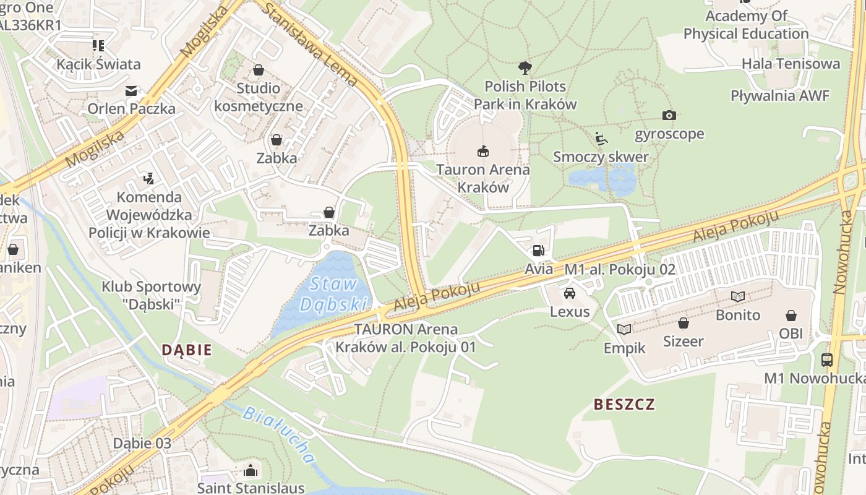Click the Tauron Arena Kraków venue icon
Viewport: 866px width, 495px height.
[x=482, y=150]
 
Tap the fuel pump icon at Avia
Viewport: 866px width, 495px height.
[x=538, y=251]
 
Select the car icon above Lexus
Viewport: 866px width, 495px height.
[x=570, y=293]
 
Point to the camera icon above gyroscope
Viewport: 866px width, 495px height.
[x=669, y=115]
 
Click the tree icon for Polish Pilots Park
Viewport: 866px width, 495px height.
[x=525, y=67]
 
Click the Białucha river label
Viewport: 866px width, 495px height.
[x=279, y=435]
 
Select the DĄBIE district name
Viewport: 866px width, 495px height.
[x=187, y=350]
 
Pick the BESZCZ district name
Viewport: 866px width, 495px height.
[x=624, y=405]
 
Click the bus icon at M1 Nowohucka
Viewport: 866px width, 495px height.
[x=826, y=359]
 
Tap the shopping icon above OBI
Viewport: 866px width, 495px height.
[x=791, y=316]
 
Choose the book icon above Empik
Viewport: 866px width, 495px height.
[x=624, y=329]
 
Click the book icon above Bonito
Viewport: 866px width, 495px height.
[x=737, y=296]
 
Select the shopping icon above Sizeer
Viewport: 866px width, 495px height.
[x=683, y=323]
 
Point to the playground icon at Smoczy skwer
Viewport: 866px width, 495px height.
[x=601, y=138]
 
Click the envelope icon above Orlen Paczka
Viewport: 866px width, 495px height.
[x=131, y=91]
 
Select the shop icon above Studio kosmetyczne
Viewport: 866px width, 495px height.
[x=259, y=70]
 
